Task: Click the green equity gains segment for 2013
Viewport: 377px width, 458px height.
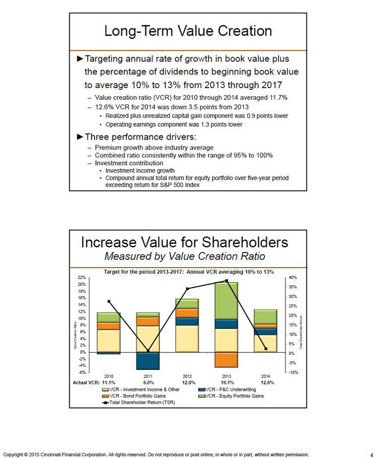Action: click(x=226, y=301)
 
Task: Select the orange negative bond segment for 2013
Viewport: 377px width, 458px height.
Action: click(x=226, y=359)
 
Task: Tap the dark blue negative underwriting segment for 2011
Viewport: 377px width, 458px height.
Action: click(x=148, y=361)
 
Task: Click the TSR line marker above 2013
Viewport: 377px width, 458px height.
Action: click(x=227, y=280)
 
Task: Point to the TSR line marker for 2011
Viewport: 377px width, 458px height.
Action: click(x=148, y=351)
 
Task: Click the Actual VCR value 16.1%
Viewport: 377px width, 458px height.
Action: click(x=227, y=382)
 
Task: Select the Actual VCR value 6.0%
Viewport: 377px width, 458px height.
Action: click(x=148, y=382)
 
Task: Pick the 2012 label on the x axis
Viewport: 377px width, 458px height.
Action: click(x=187, y=376)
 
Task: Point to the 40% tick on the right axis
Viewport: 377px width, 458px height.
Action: click(x=293, y=277)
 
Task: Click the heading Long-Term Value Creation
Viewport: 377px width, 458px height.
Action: click(x=188, y=31)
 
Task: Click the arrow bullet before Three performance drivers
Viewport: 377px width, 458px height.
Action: click(x=79, y=137)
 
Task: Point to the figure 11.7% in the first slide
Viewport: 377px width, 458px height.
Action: click(x=277, y=98)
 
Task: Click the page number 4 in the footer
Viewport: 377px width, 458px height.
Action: click(x=371, y=455)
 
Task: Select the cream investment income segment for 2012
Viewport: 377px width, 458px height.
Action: click(x=187, y=338)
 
